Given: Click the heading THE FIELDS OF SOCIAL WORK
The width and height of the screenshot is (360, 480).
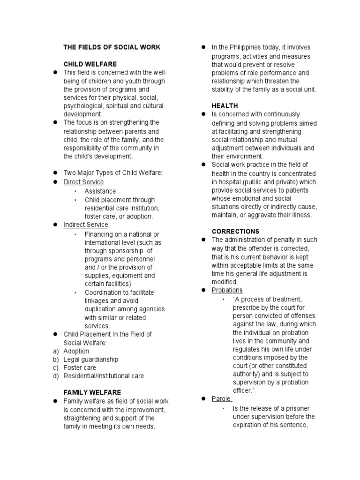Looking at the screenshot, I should point(112,47).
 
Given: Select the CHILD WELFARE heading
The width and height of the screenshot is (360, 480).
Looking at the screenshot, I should point(90,64).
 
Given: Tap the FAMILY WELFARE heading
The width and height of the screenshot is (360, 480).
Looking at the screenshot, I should point(92,392).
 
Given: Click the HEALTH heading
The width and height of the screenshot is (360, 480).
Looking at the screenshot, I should point(225,106).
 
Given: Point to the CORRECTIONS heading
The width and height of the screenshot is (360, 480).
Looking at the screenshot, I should point(235,232).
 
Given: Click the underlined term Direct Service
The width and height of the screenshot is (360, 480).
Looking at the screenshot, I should point(83,182).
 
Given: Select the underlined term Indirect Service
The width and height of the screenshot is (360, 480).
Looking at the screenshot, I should point(86,225).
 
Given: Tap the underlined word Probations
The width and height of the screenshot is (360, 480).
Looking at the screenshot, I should point(227,290).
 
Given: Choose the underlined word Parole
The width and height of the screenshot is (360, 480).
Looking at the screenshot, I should point(222,398).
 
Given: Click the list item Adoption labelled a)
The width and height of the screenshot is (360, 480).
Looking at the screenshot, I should point(76,351).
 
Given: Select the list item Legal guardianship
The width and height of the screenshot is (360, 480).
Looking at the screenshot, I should point(90,360).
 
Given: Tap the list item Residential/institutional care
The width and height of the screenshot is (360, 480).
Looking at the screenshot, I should point(104,376).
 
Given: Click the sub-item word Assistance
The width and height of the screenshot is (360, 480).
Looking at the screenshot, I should point(100,191).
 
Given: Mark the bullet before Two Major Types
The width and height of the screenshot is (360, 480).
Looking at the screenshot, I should point(54,173).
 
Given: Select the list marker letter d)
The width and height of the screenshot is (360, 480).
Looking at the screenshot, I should point(56,376).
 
